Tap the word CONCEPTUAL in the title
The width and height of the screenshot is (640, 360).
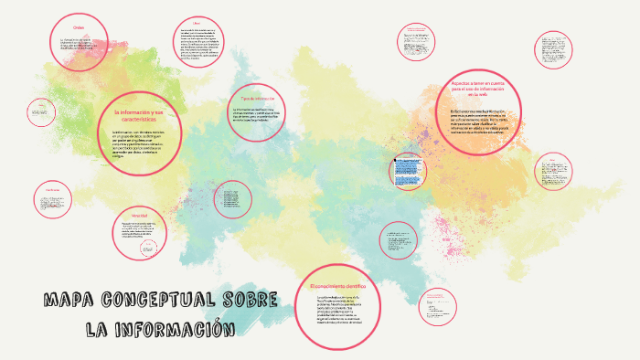[x=162, y=301]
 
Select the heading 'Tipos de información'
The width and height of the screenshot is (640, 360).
[x=259, y=98]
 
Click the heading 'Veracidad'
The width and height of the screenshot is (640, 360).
[x=139, y=216]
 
